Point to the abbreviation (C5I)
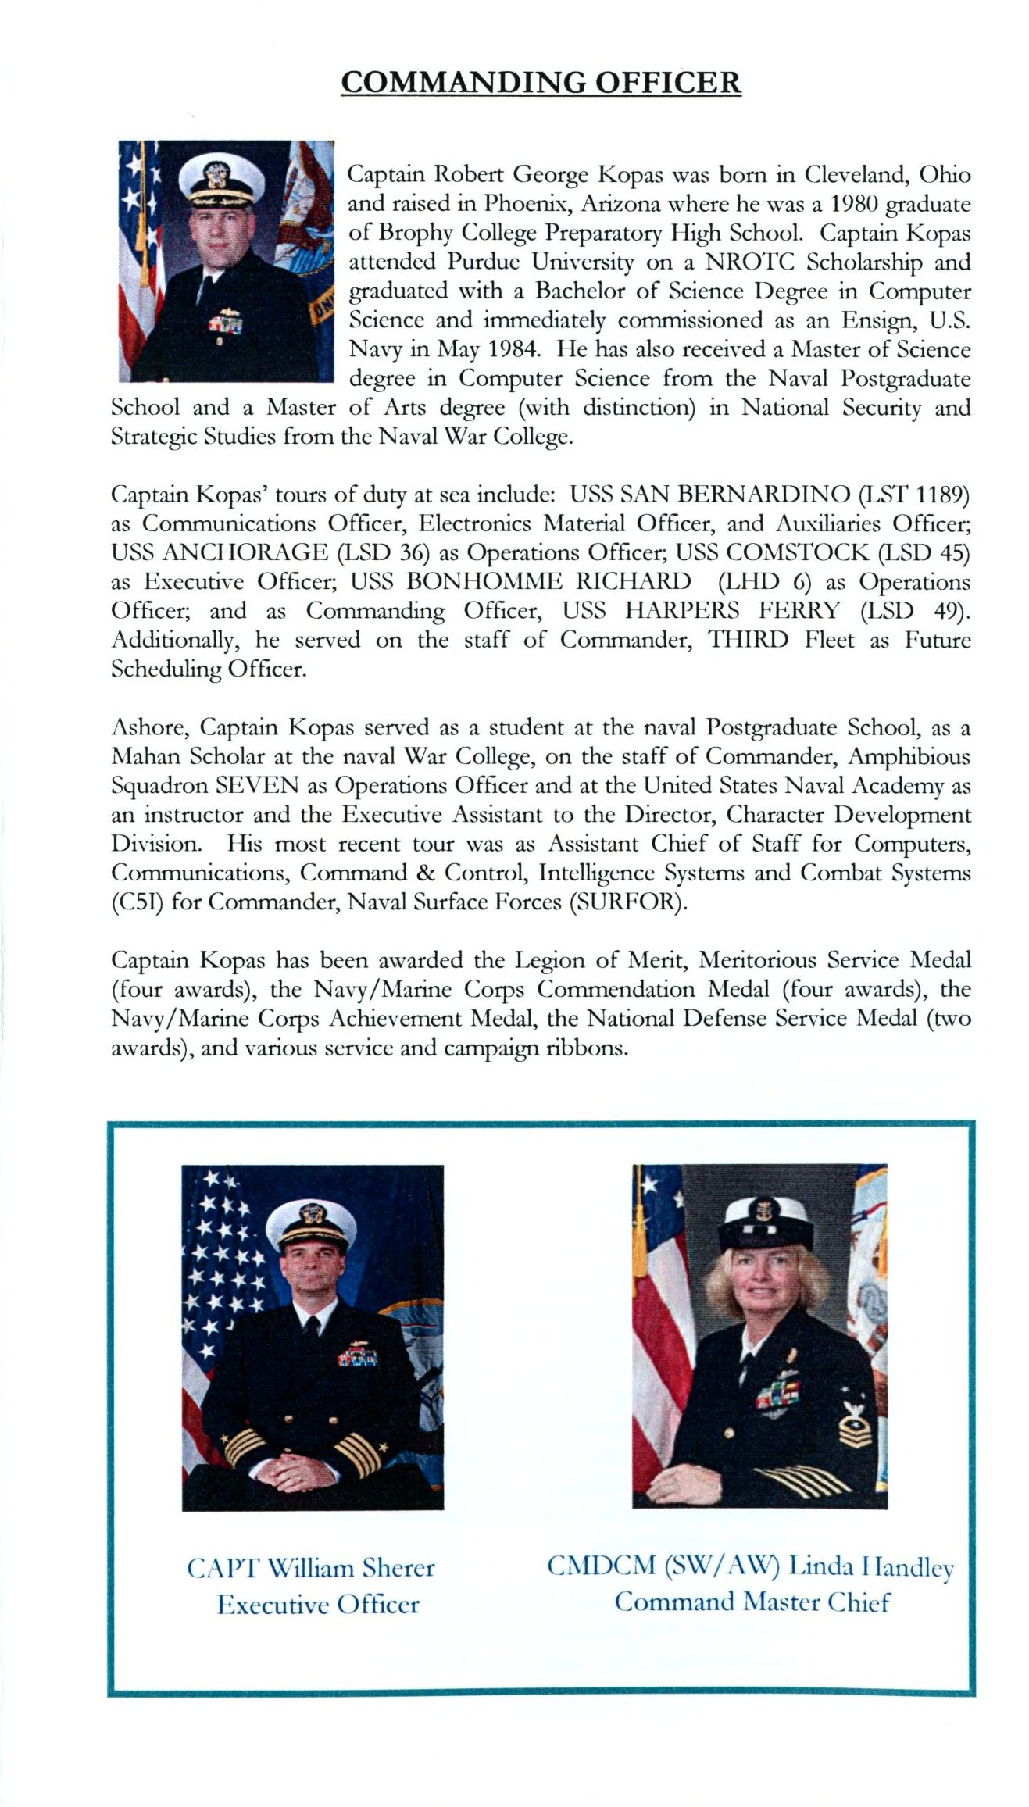[137, 902]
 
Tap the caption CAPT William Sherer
[310, 1568]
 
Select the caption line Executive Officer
[318, 1605]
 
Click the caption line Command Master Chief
[752, 1602]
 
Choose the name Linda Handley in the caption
[870, 1567]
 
